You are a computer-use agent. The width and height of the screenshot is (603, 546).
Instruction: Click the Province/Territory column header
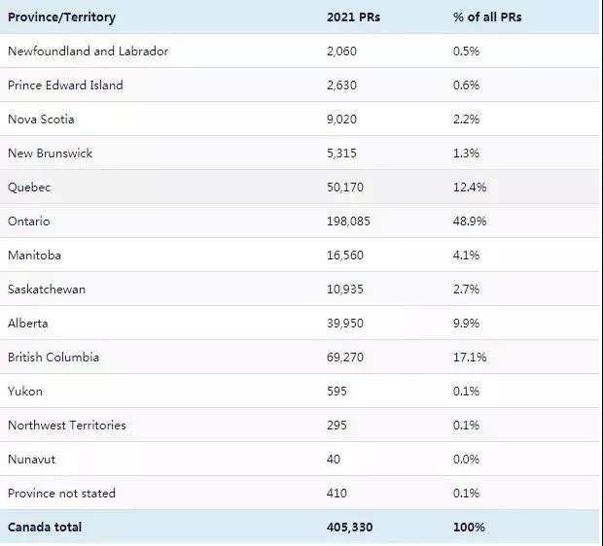[x=61, y=17]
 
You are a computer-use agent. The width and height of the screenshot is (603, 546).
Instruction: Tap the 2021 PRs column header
[x=353, y=17]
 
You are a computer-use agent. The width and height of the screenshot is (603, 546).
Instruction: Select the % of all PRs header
[x=487, y=17]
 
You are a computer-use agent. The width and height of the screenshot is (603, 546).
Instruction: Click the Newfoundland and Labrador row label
[x=89, y=51]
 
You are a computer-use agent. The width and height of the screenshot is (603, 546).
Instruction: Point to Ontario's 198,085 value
[x=348, y=222]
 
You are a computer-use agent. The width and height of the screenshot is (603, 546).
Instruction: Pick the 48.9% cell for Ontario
[x=470, y=222]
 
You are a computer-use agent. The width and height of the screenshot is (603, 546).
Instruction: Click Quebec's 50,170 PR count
[x=345, y=188]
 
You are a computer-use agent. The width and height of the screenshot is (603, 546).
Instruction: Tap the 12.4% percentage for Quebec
[x=470, y=188]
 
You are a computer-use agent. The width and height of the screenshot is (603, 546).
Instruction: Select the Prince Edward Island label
[x=65, y=85]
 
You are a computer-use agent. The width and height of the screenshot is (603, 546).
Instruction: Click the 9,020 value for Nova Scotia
[x=342, y=119]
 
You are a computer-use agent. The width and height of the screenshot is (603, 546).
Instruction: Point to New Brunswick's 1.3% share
[x=466, y=154]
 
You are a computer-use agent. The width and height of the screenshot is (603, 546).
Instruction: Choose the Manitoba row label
[x=34, y=256]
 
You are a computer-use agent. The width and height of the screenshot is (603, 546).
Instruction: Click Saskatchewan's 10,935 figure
[x=345, y=290]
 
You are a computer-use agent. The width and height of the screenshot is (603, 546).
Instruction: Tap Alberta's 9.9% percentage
[x=466, y=324]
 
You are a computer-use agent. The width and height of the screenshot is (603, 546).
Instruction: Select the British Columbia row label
[x=53, y=358]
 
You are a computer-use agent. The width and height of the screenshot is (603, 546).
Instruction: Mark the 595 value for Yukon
[x=337, y=392]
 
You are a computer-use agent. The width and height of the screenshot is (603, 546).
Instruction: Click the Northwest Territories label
[x=67, y=426]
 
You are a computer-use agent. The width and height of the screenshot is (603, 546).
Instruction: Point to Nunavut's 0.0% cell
[x=466, y=460]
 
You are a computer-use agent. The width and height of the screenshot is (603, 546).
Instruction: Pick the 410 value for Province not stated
[x=337, y=494]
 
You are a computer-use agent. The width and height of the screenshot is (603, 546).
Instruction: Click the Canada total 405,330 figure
[x=349, y=528]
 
